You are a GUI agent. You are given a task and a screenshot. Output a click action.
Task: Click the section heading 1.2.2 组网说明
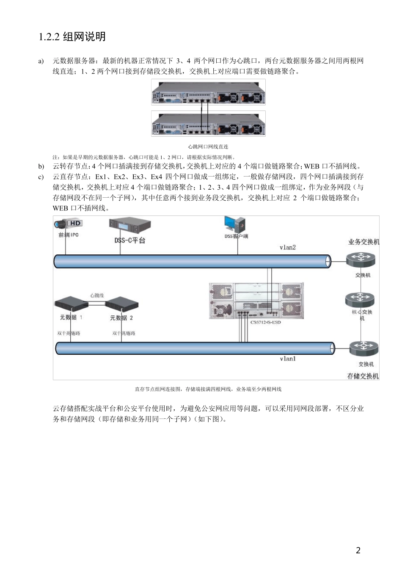click(72, 37)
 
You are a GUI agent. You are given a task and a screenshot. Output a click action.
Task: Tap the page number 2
click(358, 550)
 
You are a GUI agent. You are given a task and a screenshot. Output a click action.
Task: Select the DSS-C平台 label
click(129, 240)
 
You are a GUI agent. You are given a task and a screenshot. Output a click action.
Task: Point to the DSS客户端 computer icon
click(235, 225)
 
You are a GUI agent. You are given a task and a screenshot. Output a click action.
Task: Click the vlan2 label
click(288, 247)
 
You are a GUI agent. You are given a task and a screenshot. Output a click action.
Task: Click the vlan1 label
click(288, 359)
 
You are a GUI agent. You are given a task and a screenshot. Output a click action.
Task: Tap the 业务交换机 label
click(363, 242)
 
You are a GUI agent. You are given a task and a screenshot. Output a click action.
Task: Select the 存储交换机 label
click(363, 376)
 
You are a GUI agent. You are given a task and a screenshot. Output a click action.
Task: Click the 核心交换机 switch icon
click(360, 300)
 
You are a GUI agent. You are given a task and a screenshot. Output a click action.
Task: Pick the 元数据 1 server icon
click(71, 304)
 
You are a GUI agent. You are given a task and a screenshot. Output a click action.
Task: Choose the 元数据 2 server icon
click(122, 304)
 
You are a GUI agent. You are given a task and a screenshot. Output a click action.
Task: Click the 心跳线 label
click(97, 296)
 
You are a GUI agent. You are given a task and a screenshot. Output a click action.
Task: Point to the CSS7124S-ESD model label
click(266, 322)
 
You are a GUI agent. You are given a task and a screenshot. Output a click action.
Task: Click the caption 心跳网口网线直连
click(208, 146)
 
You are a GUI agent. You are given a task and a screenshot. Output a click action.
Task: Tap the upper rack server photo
click(208, 92)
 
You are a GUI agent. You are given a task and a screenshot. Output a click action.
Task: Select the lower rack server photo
click(208, 123)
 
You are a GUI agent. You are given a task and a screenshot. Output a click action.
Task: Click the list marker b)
click(41, 166)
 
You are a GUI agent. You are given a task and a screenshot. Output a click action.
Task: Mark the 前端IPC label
click(68, 235)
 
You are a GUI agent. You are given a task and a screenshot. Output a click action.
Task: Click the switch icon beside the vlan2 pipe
click(360, 259)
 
